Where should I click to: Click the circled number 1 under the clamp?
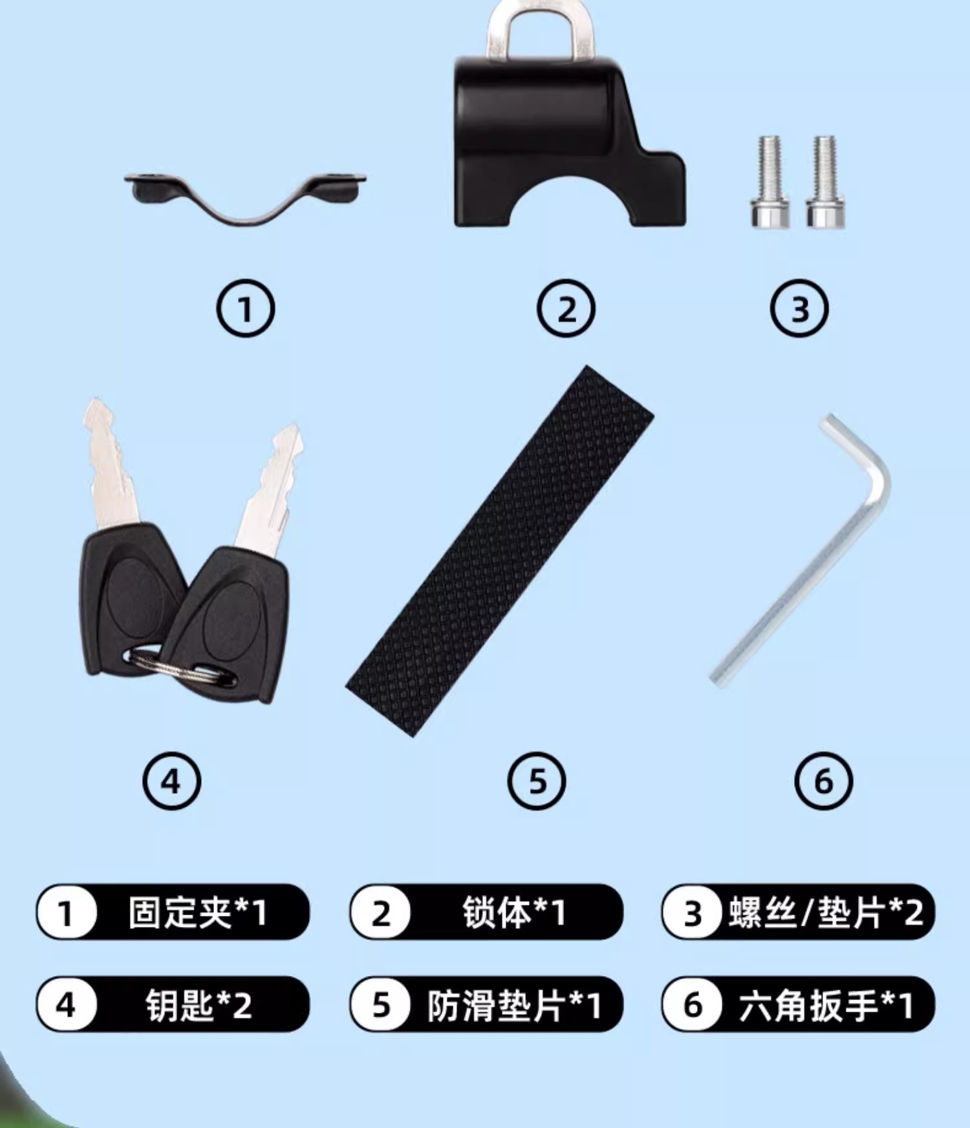pyautogui.click(x=245, y=309)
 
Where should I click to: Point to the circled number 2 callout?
pyautogui.click(x=566, y=309)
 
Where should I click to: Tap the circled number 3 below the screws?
pyautogui.click(x=799, y=309)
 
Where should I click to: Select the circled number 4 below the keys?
pyautogui.click(x=171, y=781)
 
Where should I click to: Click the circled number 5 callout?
pyautogui.click(x=537, y=781)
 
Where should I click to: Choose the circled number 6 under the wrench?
pyautogui.click(x=823, y=781)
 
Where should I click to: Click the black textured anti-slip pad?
pyautogui.click(x=500, y=551)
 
